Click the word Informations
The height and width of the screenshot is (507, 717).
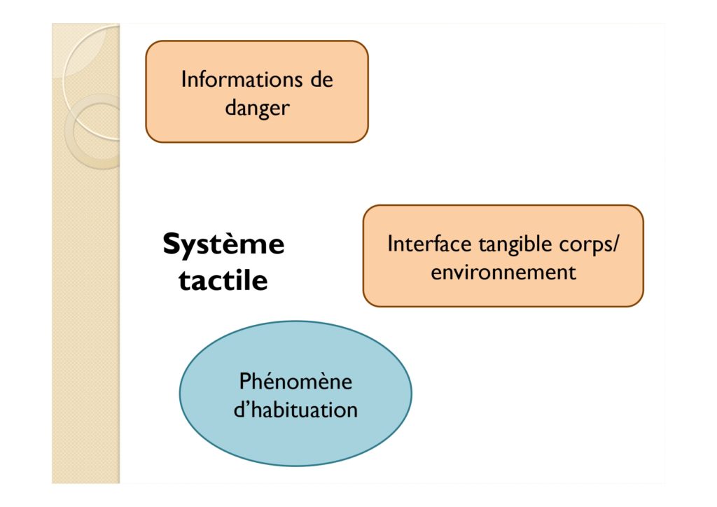[242, 79]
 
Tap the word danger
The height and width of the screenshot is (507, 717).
[257, 109]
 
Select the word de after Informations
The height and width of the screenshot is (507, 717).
[322, 79]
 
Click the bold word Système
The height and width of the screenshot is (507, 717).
[223, 244]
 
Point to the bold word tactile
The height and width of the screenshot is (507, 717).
[223, 280]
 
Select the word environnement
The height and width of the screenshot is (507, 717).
[503, 272]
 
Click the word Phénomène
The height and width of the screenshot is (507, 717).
[295, 381]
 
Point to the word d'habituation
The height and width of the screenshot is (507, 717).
[295, 410]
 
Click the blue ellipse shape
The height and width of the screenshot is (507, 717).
[295, 394]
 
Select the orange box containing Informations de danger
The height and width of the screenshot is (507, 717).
[257, 92]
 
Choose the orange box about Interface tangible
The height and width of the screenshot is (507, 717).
[503, 256]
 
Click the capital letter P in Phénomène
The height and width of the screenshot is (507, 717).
[245, 381]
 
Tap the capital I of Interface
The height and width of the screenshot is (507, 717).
[389, 244]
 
